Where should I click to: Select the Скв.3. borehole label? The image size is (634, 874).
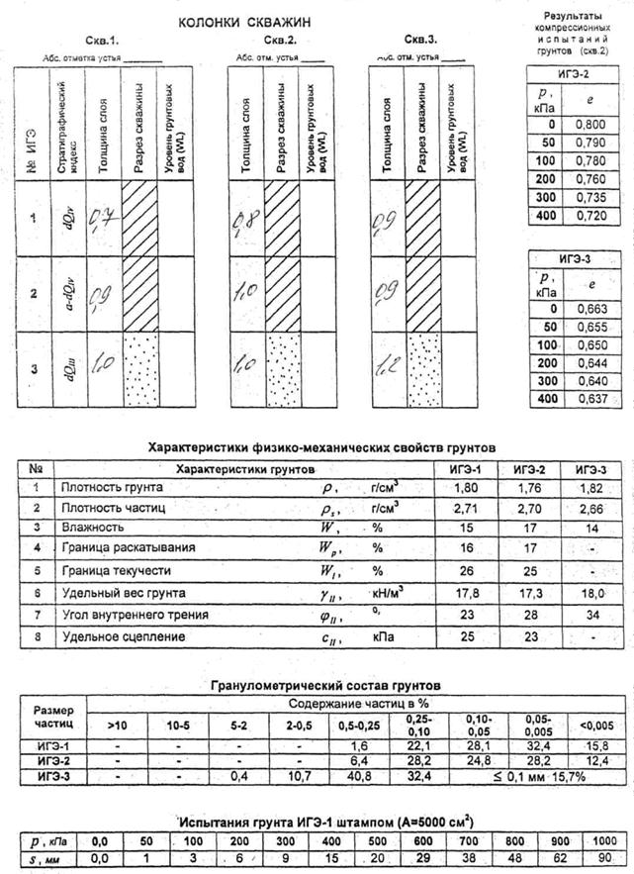420,40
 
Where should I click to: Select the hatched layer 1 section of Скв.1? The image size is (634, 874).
139,218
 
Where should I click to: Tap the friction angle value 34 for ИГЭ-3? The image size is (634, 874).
591,615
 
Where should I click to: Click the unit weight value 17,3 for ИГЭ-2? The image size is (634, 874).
525,592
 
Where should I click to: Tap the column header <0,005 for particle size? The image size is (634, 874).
597,727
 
